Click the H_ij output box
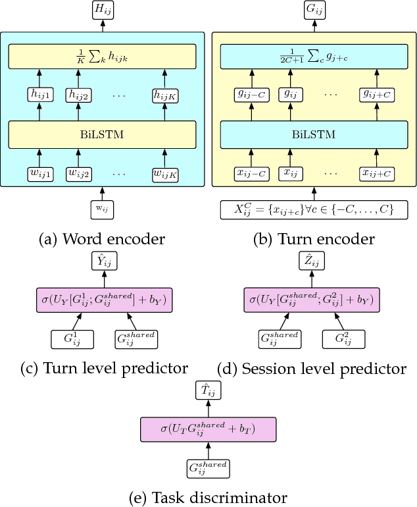tap(102, 10)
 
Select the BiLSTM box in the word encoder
tap(102, 134)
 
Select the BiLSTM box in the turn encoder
tap(314, 134)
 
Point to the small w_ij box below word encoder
tap(102, 209)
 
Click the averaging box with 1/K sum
tap(102, 57)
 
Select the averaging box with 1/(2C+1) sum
tap(314, 57)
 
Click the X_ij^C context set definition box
tap(314, 210)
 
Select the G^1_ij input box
tap(72, 339)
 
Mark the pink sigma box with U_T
tap(208, 430)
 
